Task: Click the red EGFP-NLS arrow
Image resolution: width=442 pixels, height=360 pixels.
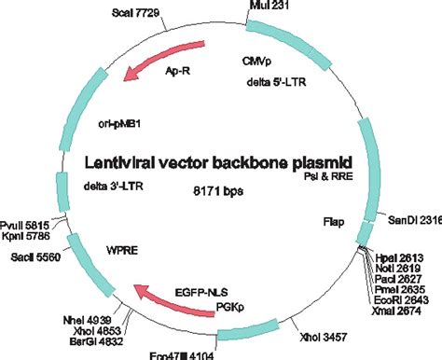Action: (x=168, y=294)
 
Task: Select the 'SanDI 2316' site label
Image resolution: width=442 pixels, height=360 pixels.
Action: (x=413, y=220)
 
